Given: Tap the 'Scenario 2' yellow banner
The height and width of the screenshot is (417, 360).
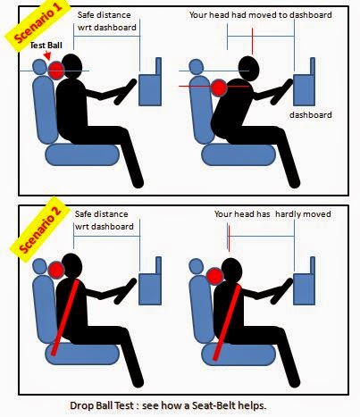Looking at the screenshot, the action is point(40,229).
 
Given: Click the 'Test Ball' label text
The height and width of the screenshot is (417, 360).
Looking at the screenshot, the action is point(46,46).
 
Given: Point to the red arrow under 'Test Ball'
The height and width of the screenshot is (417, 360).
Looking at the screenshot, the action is point(47,55).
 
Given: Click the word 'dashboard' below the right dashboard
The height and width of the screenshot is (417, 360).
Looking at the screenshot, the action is point(311,115).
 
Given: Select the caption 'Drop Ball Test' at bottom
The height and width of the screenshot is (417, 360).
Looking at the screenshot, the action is point(101,405).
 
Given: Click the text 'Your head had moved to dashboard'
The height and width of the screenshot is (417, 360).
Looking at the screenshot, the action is point(261,15).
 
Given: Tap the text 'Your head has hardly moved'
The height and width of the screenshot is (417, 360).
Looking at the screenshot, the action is point(272,214).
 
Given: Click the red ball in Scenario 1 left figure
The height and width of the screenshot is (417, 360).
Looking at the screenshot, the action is point(56,71).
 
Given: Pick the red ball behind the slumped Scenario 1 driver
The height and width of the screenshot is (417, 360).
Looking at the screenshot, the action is point(219,88).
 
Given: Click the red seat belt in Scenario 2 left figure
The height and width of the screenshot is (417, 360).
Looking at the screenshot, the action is point(65,318).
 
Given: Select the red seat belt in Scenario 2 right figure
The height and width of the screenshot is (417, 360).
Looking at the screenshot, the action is point(227,322).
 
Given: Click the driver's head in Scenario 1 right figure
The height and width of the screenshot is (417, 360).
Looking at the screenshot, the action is point(249,69).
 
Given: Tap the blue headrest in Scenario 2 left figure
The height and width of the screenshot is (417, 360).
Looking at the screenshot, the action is point(39,266).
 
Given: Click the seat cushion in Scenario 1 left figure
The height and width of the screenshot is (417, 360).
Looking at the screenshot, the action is point(82,154).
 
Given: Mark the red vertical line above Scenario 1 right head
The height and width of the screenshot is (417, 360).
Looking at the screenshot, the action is point(253,42).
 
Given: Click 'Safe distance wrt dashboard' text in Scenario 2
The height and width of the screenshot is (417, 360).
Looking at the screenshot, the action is point(104,221).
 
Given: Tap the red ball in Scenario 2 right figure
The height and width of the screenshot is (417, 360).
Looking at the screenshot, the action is point(215,276).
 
